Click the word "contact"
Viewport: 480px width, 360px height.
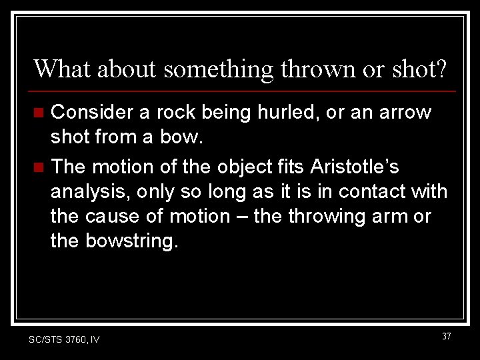coord(375,191)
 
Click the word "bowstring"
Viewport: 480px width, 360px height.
coord(132,241)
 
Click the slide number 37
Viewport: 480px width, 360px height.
coord(446,336)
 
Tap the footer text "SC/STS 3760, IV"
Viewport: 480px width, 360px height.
coord(64,339)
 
